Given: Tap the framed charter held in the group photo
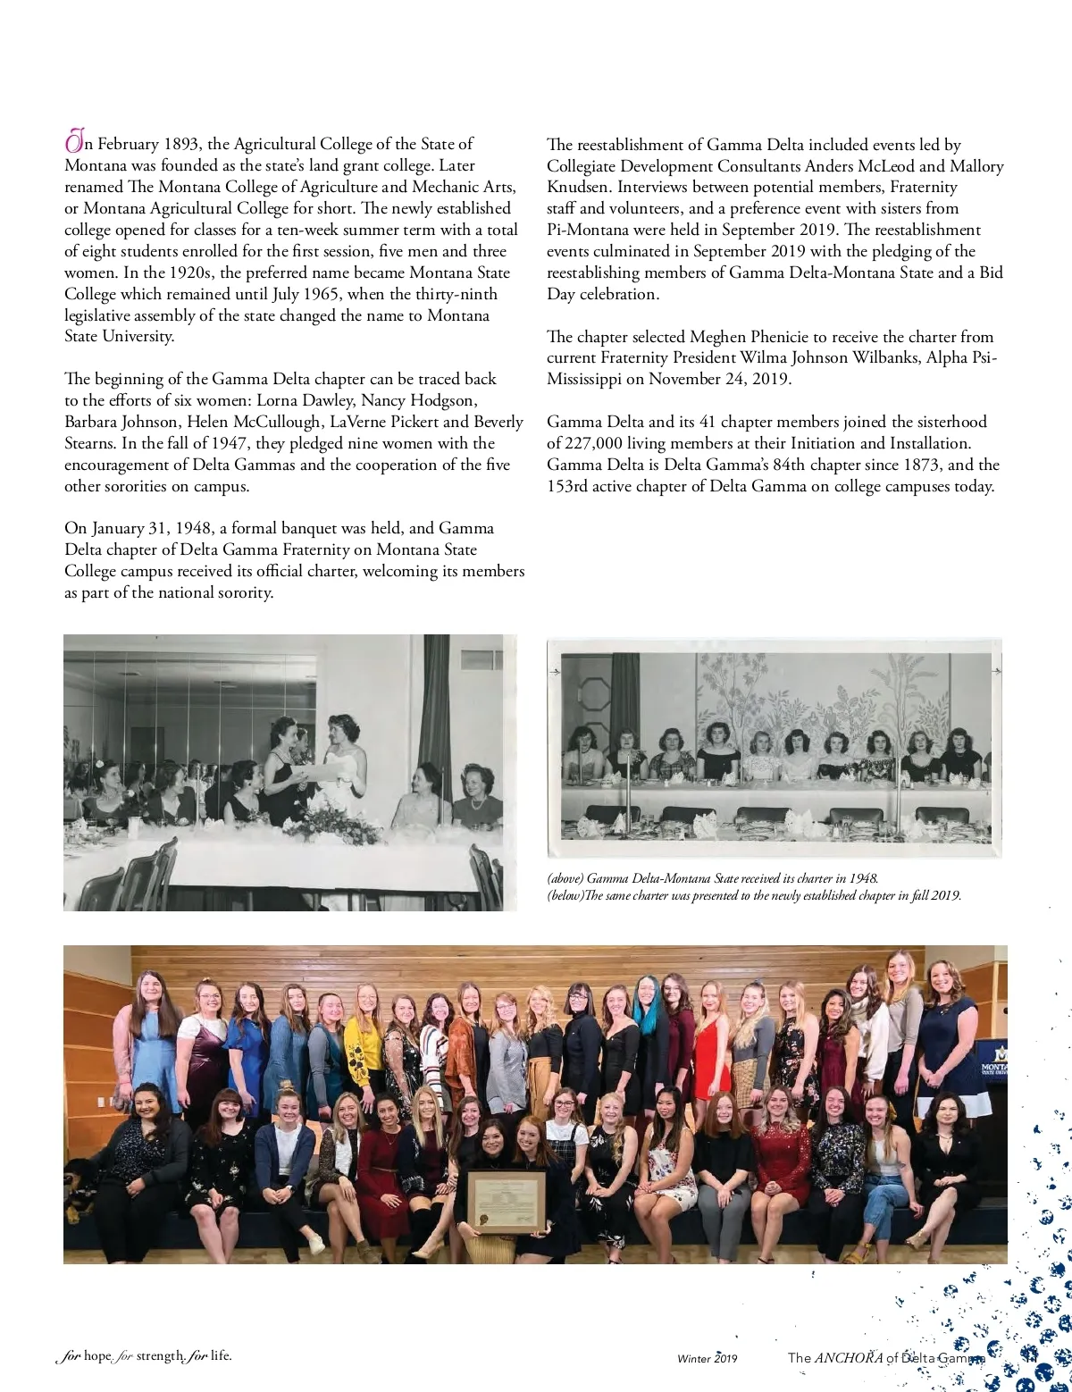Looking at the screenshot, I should pyautogui.click(x=507, y=1203).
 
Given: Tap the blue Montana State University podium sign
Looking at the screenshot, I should pyautogui.click(x=991, y=1067).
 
